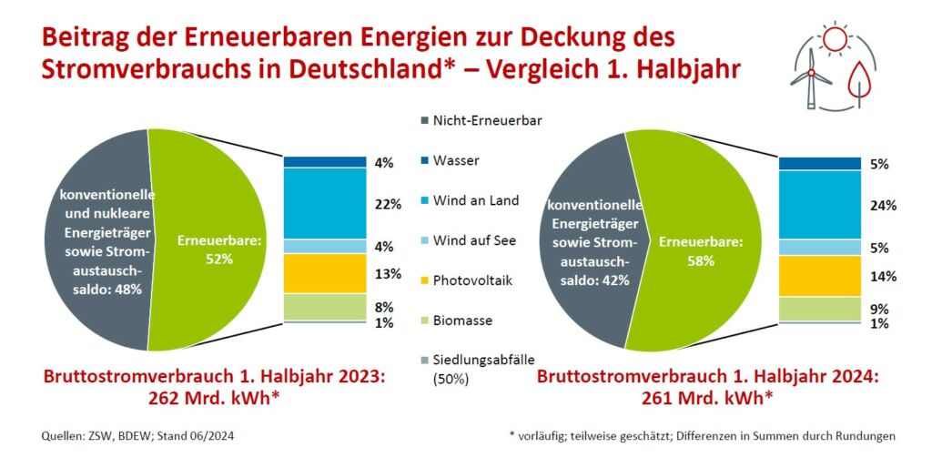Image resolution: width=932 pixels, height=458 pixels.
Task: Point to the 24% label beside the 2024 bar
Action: (x=881, y=206)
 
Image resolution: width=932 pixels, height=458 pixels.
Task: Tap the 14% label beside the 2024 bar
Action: (x=881, y=276)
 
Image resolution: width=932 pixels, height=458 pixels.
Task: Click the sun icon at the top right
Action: (x=832, y=38)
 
